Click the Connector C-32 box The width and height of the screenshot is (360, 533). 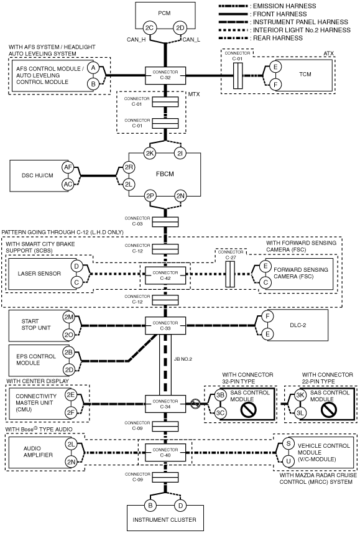click(165, 75)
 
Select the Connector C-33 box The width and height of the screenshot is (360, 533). click(165, 326)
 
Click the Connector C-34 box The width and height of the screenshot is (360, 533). click(165, 404)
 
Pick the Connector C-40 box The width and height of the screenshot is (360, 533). click(165, 452)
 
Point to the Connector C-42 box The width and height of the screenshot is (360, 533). click(165, 276)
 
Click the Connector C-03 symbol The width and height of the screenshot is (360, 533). click(165, 222)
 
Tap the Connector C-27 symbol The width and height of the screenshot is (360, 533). click(230, 274)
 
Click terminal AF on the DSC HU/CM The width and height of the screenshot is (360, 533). click(68, 167)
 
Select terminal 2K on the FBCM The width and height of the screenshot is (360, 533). click(150, 153)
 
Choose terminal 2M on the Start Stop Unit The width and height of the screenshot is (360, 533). click(68, 317)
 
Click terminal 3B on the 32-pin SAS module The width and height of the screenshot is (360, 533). click(220, 396)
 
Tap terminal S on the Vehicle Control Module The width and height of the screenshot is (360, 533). click(288, 443)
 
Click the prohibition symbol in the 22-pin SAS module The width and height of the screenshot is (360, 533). click(322, 410)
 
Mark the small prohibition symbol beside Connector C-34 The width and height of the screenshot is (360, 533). click(195, 404)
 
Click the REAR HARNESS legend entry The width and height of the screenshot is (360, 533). click(261, 38)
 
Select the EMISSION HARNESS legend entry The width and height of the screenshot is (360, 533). click(267, 6)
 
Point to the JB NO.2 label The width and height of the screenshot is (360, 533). click(183, 359)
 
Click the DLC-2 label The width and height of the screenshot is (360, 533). click(298, 325)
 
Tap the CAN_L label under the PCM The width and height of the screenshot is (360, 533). click(192, 40)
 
